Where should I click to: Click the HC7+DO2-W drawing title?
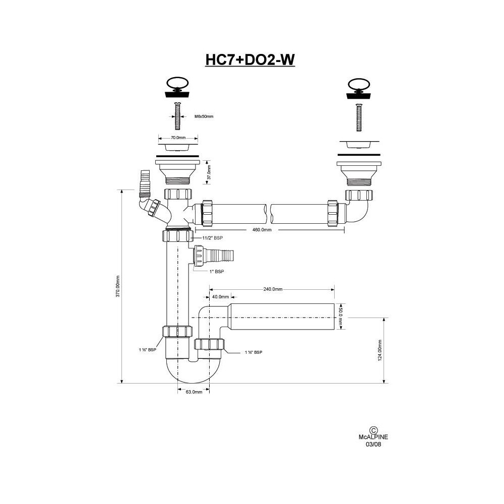pyautogui.click(x=250, y=59)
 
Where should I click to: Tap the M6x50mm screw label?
pyautogui.click(x=204, y=116)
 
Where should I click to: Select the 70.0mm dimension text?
pyautogui.click(x=178, y=138)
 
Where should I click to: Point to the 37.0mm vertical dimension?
pyautogui.click(x=209, y=172)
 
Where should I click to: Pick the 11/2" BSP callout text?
pyautogui.click(x=212, y=238)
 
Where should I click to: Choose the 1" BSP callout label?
pyautogui.click(x=217, y=272)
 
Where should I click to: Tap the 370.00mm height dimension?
pyautogui.click(x=117, y=286)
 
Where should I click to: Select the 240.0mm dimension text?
pyautogui.click(x=273, y=289)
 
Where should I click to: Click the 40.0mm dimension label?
pyautogui.click(x=221, y=297)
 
